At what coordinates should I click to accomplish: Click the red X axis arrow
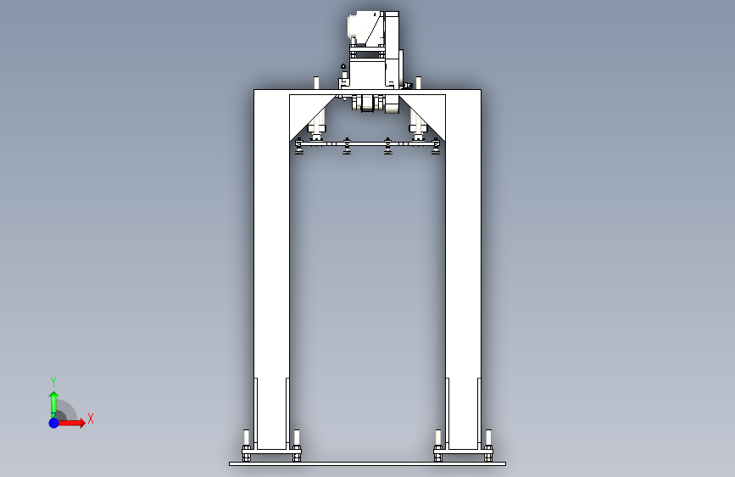tap(70, 423)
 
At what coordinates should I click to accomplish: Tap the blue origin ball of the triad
tap(53, 423)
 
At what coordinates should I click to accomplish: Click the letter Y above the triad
tap(53, 382)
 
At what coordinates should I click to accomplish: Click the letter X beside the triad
tap(91, 418)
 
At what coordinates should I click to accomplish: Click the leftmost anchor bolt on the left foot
tap(247, 446)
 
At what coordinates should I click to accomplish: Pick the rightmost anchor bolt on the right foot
tap(488, 446)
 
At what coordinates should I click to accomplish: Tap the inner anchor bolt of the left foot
tap(296, 446)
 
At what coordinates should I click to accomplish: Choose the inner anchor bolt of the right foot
tap(438, 446)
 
